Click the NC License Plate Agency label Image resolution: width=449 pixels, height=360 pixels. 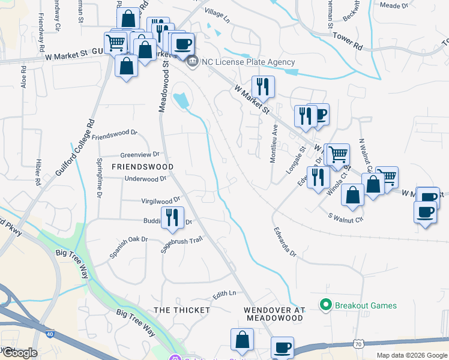coord(249,62)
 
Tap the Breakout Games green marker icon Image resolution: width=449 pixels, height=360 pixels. coord(326,305)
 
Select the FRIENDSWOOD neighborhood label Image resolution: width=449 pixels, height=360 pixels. coord(142,167)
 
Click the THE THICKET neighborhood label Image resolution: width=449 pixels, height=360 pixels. coord(182,310)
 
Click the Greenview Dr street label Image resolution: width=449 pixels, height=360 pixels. coord(139,154)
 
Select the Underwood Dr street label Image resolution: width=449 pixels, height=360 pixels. coord(145,179)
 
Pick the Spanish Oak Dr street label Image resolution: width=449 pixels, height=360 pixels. coord(128,247)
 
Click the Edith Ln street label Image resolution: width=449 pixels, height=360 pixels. coord(224,294)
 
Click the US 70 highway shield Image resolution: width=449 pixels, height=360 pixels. coord(358,343)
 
